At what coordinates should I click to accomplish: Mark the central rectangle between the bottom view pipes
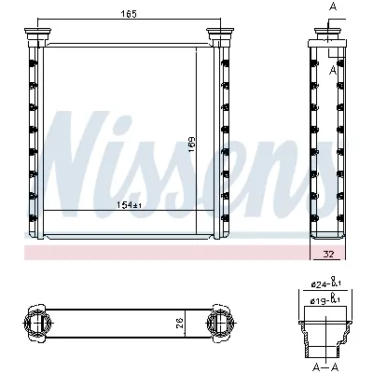point(131,323)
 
